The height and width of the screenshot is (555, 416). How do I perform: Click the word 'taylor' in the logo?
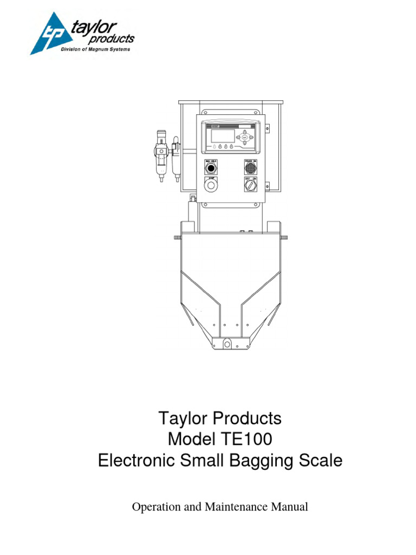94,27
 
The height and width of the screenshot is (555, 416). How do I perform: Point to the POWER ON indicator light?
251,168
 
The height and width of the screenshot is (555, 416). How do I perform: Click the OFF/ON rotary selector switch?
251,187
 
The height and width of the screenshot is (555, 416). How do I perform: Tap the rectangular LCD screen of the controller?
222,136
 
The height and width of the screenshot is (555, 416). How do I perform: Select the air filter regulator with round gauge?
161,154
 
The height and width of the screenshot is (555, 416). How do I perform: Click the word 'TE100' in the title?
247,440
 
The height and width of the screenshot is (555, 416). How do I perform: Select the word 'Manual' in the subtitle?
290,507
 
